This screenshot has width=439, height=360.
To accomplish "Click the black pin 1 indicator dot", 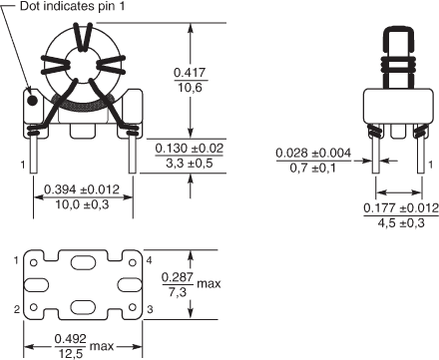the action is point(32,101).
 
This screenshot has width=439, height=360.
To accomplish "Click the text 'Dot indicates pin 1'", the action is point(73,6).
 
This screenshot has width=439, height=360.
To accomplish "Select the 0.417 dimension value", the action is point(191,73).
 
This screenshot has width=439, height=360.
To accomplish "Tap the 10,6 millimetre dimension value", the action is point(191,88).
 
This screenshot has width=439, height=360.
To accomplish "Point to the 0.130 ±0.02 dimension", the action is point(190,148).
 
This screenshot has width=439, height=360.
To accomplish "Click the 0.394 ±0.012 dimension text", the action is point(82,189).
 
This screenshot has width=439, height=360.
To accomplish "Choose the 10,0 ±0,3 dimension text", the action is point(82,204).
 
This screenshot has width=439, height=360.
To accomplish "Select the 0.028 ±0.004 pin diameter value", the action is point(313,153).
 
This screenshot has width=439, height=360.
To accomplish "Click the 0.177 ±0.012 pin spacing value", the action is point(401,208).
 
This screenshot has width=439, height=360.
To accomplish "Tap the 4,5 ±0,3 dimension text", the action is point(401,222).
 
